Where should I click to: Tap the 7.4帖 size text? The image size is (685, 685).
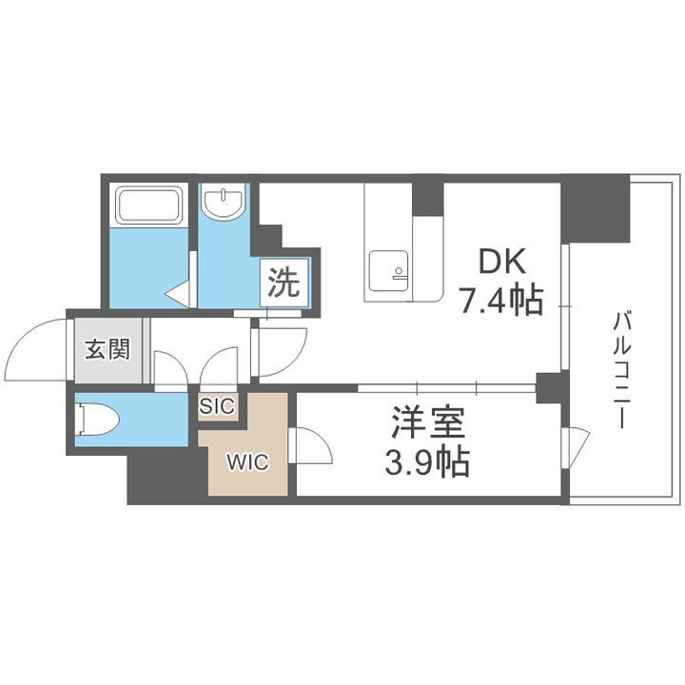[x=501, y=301]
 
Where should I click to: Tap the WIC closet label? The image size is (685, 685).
[x=246, y=463]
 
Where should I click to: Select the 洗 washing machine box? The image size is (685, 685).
[x=283, y=283]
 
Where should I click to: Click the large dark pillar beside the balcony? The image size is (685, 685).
[x=594, y=207]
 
